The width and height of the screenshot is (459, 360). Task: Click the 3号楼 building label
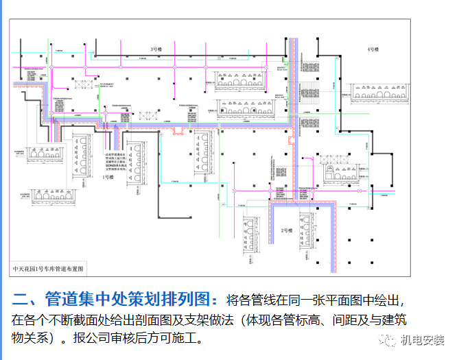point(156,49)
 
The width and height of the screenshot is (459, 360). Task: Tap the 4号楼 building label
point(373,49)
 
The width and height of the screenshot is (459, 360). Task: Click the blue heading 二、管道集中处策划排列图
point(116,300)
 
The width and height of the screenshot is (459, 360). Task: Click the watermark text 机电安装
point(423,341)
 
